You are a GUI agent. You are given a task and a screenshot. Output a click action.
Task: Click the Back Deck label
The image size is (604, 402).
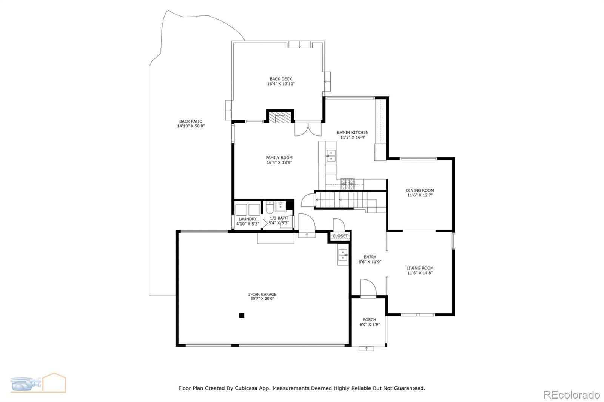click(x=280, y=79)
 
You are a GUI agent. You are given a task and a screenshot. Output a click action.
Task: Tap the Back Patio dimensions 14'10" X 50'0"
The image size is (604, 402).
click(x=191, y=126)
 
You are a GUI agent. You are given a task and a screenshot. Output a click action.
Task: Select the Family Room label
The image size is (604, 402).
click(x=279, y=158)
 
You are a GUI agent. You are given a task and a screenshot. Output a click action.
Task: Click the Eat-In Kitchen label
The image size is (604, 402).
click(x=353, y=132)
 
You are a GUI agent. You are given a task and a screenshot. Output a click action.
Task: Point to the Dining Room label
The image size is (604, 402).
click(x=420, y=190)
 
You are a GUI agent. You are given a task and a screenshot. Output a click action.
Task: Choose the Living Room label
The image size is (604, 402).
click(x=420, y=268)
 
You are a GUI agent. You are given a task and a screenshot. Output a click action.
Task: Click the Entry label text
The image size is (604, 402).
click(x=370, y=257)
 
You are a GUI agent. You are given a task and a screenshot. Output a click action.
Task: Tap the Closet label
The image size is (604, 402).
click(x=340, y=236)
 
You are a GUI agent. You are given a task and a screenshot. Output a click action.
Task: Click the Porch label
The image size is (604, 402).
click(x=369, y=319)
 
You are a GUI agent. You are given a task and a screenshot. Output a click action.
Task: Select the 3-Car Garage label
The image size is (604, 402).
click(x=262, y=294)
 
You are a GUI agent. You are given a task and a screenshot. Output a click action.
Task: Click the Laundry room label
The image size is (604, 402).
click(x=248, y=219)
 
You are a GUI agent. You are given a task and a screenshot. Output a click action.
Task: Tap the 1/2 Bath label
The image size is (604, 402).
click(x=279, y=218)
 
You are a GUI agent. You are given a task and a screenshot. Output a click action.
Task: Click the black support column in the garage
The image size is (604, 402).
click(x=242, y=315)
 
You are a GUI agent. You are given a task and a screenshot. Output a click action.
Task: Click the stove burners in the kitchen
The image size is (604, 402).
click(x=348, y=184)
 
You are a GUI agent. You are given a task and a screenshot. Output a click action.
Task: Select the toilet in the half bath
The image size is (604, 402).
click(x=270, y=208)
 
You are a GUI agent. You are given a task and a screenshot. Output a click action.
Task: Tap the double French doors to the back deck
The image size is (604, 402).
click(x=308, y=129)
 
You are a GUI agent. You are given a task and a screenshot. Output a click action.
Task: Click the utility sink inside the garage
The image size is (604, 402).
click(x=343, y=256)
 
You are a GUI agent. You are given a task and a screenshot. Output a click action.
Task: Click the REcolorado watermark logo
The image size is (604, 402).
click(x=571, y=394)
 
